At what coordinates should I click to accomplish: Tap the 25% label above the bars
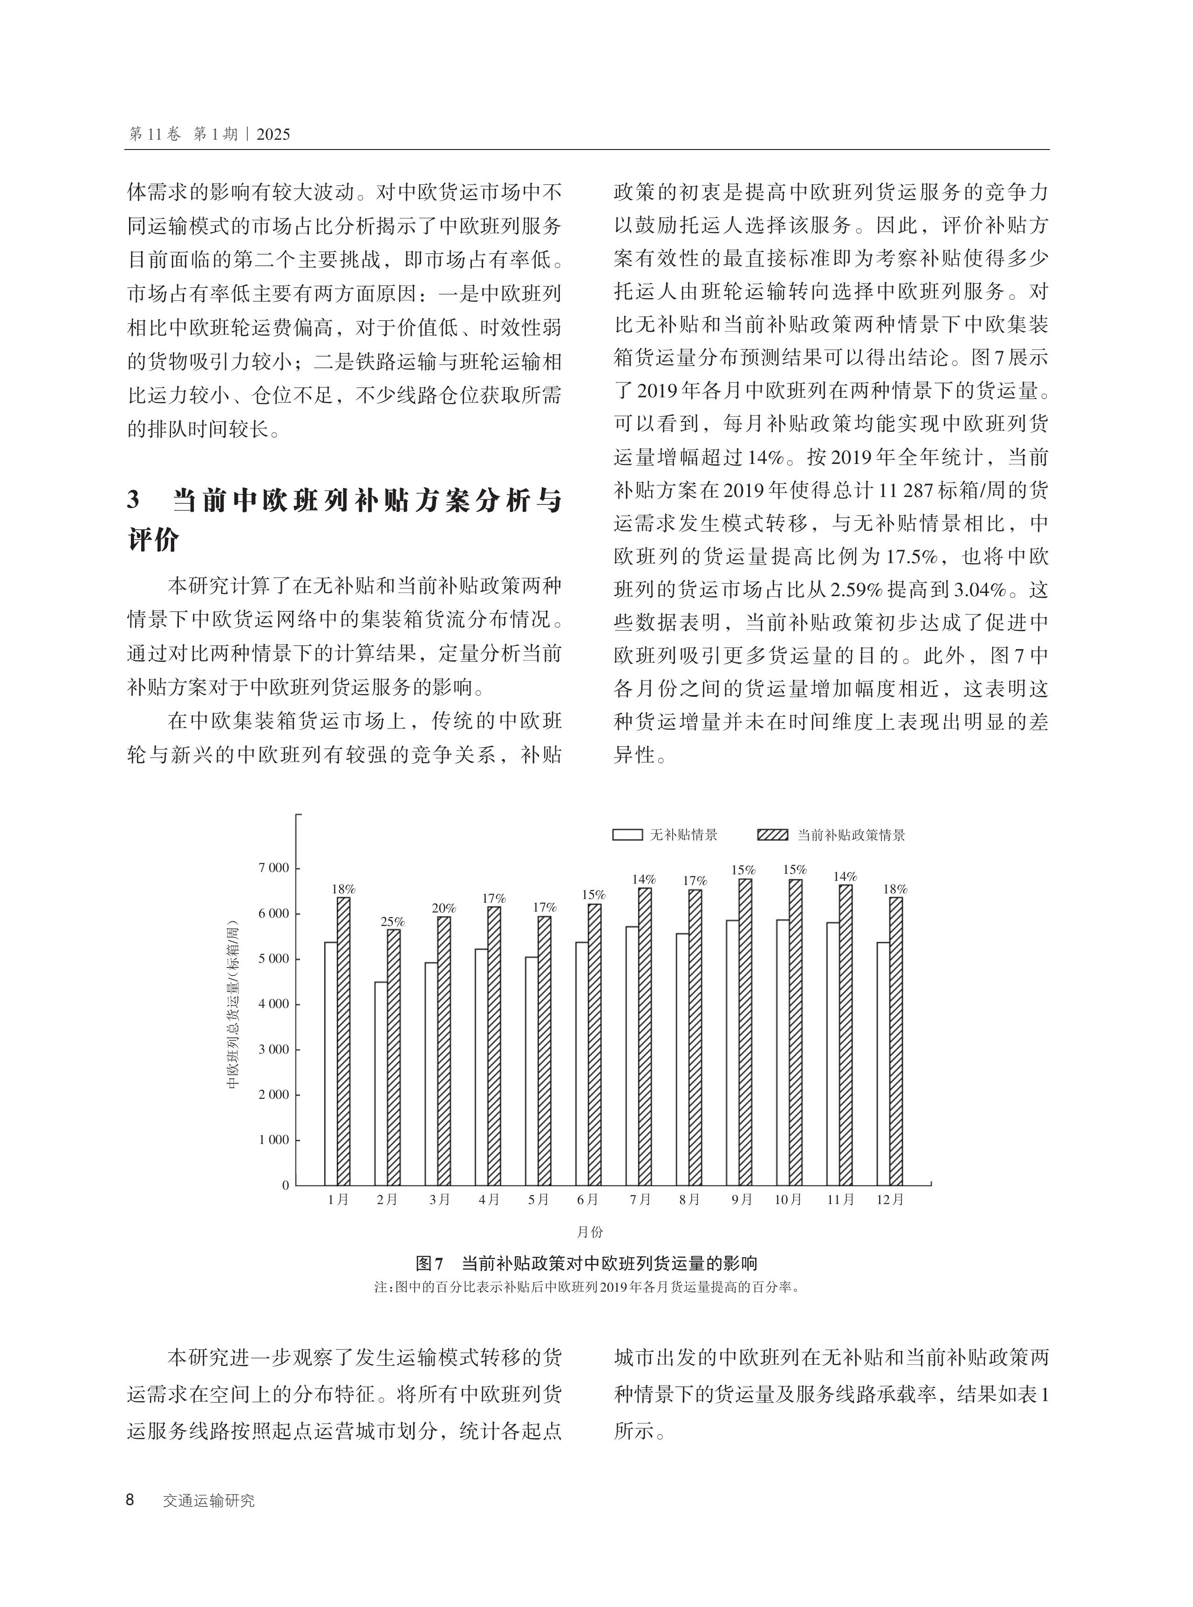(393, 922)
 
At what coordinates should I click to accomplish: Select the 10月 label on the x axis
(788, 1199)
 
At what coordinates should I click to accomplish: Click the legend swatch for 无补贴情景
(627, 835)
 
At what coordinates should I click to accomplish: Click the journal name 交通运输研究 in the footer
(209, 1501)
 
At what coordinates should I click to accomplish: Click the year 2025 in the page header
(273, 134)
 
